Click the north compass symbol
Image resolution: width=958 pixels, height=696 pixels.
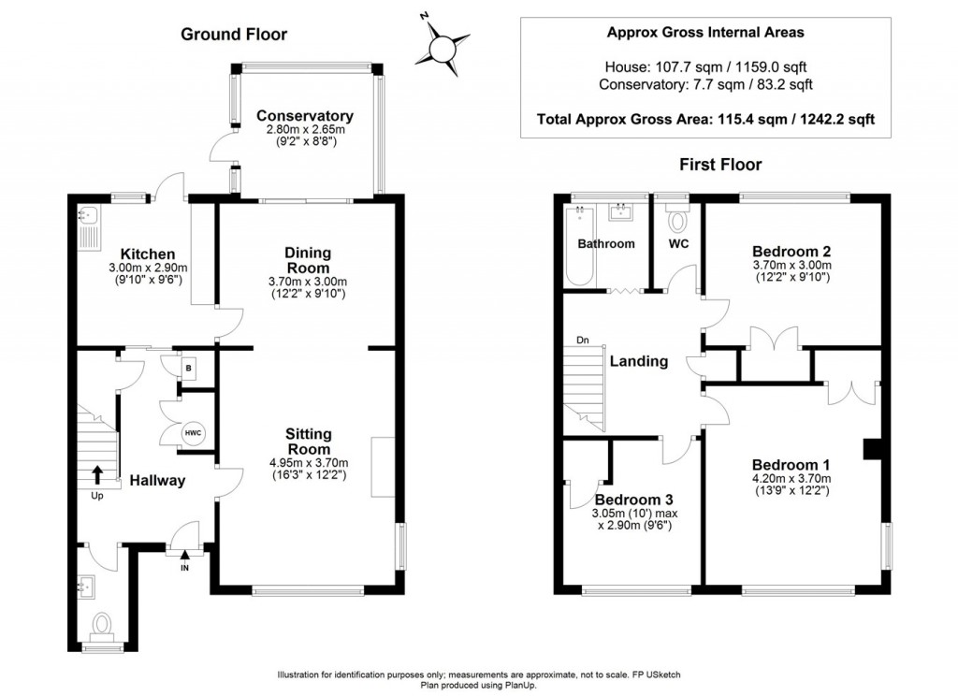(443, 47)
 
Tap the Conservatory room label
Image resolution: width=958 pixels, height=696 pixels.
(305, 116)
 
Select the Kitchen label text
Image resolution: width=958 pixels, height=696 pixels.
(148, 254)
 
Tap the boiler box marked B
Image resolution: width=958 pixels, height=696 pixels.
(188, 369)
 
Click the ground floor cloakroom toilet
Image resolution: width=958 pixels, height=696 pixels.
(101, 626)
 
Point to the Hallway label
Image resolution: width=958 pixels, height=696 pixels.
(157, 481)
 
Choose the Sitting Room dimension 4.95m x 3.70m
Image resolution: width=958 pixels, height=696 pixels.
(309, 463)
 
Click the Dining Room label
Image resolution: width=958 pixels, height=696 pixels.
(309, 260)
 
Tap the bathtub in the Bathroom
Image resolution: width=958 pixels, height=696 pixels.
(580, 246)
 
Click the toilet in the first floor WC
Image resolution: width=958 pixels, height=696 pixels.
(677, 220)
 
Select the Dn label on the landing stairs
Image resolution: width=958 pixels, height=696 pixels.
(583, 340)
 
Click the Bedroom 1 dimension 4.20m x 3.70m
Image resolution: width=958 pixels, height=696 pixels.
(791, 478)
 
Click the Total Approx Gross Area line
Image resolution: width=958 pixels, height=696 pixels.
(705, 119)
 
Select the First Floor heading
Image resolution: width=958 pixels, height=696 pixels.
(720, 165)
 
